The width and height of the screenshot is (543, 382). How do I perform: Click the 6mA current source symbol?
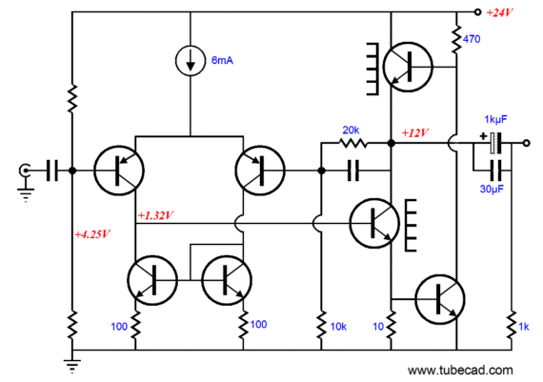191,61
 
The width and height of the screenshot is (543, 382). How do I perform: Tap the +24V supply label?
500,12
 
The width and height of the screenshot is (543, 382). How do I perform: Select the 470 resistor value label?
472,39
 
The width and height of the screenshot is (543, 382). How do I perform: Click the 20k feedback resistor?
352,143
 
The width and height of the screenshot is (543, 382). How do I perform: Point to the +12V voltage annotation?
415,132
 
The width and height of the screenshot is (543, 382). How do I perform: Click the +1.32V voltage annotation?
155,215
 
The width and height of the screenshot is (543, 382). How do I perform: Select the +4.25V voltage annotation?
92,234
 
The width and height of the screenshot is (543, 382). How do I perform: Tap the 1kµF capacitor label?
495,119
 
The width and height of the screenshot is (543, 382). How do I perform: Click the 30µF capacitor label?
492,189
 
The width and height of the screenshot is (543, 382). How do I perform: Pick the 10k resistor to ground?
321,325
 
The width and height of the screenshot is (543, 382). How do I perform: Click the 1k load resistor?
512,325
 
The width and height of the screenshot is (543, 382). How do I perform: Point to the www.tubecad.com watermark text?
460,371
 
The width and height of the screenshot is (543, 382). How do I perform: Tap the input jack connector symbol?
25,171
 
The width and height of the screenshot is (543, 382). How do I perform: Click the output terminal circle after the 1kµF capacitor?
526,143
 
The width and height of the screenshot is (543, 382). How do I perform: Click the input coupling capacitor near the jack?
52,171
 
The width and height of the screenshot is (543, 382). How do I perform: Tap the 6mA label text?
222,61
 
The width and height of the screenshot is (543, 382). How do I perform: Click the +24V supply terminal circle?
477,12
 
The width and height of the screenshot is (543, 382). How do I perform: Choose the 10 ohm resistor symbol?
391,325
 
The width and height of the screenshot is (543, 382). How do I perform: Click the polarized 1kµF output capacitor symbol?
495,143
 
